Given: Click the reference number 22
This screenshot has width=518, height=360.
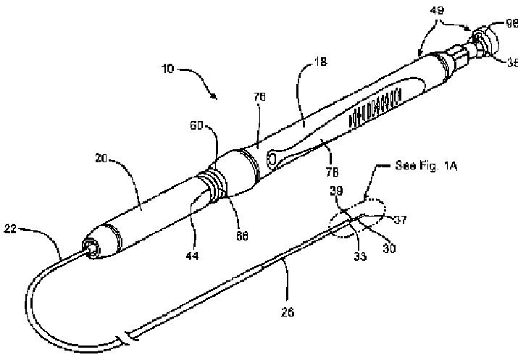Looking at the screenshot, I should pos(12,230).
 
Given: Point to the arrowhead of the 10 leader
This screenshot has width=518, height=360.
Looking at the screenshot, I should pos(217,97).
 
